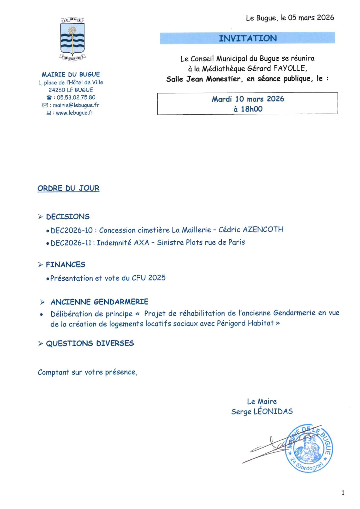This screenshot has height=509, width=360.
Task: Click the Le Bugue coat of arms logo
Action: tap(73, 39)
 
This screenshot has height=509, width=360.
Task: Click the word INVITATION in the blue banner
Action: tap(248, 38)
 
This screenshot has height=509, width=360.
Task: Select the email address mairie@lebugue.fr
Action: tap(76, 105)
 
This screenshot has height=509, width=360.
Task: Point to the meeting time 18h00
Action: tap(252, 109)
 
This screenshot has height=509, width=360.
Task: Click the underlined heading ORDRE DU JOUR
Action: tap(68, 188)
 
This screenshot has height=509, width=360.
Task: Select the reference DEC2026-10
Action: tap(72, 230)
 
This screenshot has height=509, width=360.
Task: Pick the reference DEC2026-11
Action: tap(71, 242)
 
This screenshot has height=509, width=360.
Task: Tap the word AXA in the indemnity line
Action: tap(142, 242)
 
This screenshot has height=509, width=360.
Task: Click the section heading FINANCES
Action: tap(65, 265)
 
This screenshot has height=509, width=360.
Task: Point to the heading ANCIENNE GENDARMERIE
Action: tap(99, 302)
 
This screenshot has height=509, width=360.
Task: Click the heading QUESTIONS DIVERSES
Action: tap(90, 344)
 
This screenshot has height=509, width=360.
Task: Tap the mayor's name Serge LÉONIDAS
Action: tap(262, 411)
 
